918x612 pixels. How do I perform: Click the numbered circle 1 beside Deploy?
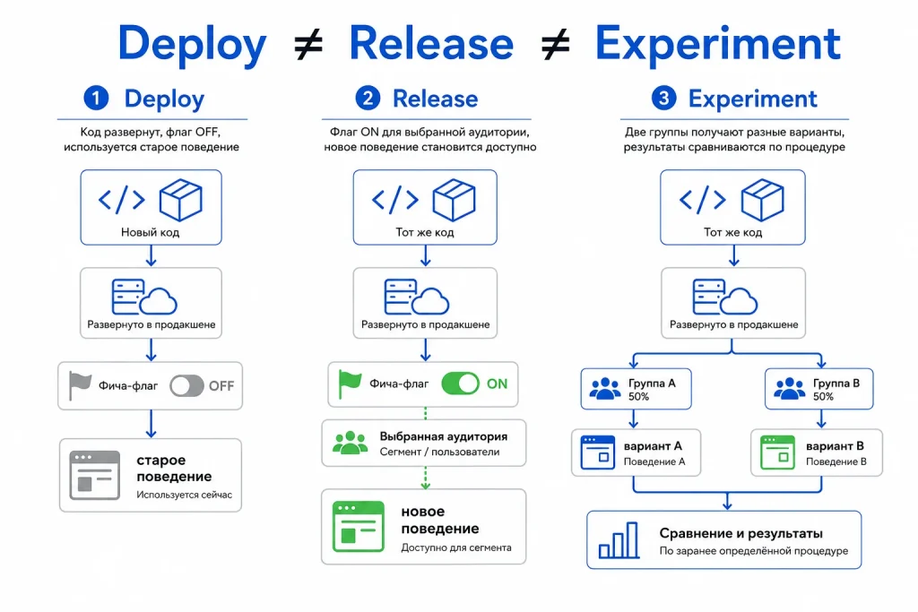pos(96,98)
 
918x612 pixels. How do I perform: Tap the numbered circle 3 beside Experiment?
pos(663,98)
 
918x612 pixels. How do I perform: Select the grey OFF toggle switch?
pos(186,385)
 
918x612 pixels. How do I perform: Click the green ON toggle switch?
pos(460,384)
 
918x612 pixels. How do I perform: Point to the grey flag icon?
pos(80,385)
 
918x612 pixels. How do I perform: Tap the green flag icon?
pos(351,384)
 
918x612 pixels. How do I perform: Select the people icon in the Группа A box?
pos(605,389)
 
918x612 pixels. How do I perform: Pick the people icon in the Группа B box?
pos(789,389)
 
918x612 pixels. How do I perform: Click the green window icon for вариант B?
pos(777,453)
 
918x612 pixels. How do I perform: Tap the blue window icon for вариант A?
pos(598,453)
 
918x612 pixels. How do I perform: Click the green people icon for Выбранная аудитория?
pos(351,443)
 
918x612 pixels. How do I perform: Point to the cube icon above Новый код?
pos(181,200)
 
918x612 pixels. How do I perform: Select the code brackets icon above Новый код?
pos(122,200)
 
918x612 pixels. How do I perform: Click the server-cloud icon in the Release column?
pos(417,297)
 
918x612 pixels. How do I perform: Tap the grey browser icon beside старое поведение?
pos(95,475)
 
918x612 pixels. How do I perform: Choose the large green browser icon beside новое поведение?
pos(359,527)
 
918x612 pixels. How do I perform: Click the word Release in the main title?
pos(431,43)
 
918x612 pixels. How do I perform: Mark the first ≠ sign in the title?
pos(308,45)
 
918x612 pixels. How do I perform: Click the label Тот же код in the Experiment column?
pos(733,232)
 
